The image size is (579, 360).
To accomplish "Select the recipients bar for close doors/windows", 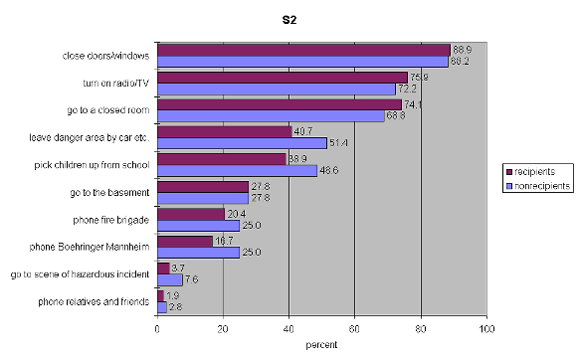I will pyautogui.click(x=303, y=50).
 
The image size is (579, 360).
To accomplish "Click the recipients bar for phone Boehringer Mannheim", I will pyautogui.click(x=184, y=241).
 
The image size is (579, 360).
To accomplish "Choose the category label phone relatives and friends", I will pyautogui.click(x=95, y=301).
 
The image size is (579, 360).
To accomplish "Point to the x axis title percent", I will pyautogui.click(x=321, y=345).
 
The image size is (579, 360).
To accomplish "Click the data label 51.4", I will pyautogui.click(x=339, y=143).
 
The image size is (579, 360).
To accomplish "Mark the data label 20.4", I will pyautogui.click(x=237, y=214).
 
